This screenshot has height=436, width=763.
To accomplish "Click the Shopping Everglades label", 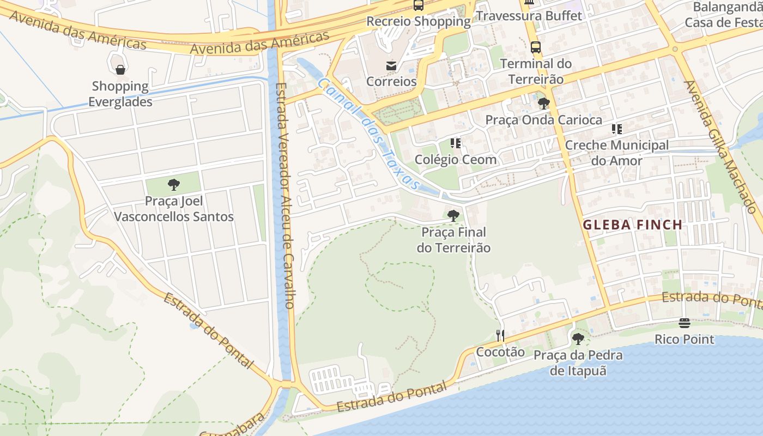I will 120,94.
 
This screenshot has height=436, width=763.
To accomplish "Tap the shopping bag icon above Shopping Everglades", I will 120,70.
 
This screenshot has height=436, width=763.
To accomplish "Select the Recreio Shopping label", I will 419,21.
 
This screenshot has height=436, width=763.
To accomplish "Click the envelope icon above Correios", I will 391,66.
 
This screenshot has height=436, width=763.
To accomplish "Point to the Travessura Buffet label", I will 529,16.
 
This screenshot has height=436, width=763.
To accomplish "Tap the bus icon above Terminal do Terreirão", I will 536,47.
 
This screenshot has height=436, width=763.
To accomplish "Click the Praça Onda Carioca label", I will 543,120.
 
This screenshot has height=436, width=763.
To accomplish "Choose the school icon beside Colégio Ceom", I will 456,143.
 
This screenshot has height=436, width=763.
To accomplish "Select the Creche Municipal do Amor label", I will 616,153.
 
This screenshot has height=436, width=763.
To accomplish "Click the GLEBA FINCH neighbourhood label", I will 633,225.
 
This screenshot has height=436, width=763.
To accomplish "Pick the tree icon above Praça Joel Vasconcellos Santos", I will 174,185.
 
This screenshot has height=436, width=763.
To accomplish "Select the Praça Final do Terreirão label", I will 453,240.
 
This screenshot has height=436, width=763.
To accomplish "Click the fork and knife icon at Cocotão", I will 500,335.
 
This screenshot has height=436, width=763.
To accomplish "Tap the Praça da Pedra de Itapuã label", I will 578,363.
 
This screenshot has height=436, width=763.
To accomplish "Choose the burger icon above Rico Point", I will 685,323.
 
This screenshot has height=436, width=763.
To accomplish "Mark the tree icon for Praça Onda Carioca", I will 543,104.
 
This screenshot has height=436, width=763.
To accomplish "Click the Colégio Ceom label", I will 456,160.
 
